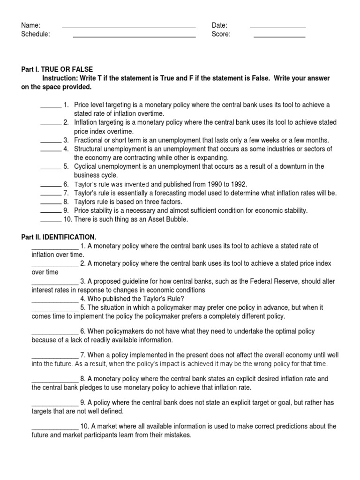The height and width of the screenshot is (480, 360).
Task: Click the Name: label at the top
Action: (30, 25)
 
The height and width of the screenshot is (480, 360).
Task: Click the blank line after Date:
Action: (277, 27)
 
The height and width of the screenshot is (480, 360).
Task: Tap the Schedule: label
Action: (36, 34)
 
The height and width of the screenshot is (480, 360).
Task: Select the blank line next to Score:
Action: (279, 36)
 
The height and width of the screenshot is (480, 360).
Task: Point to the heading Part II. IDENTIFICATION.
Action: (59, 238)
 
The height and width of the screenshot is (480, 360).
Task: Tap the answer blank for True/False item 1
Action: (50, 107)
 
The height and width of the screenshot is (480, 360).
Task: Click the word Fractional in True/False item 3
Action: (89, 140)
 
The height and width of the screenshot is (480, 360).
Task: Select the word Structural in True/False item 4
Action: (90, 149)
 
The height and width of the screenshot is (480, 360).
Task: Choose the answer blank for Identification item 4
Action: (54, 301)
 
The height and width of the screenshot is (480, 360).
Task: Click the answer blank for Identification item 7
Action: (54, 357)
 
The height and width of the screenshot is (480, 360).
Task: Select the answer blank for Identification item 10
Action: (54, 428)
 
